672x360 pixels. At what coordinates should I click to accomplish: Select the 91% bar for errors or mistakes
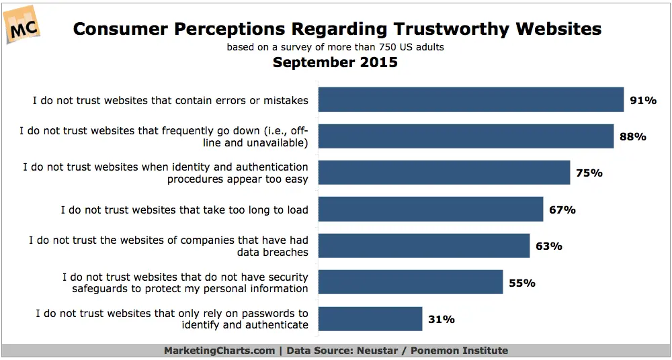pos(470,99)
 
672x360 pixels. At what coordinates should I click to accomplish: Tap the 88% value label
pos(632,136)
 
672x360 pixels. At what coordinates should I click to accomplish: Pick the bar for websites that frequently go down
pos(465,136)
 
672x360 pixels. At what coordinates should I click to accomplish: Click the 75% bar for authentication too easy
pos(444,173)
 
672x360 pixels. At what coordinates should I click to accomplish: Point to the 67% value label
pos(562,210)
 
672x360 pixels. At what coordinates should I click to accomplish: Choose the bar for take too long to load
pos(430,209)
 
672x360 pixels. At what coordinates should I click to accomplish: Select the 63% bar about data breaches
pos(423,246)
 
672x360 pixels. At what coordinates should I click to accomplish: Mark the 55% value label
pos(522,283)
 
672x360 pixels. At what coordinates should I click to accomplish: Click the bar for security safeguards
pos(410,282)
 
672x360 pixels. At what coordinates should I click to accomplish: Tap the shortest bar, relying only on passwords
pos(370,319)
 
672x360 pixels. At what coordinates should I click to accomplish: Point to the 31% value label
pos(442,320)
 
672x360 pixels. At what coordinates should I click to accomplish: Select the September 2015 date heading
pos(335,62)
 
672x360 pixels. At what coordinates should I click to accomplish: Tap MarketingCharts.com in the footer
pos(219,351)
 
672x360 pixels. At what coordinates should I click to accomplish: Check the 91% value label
pos(642,100)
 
